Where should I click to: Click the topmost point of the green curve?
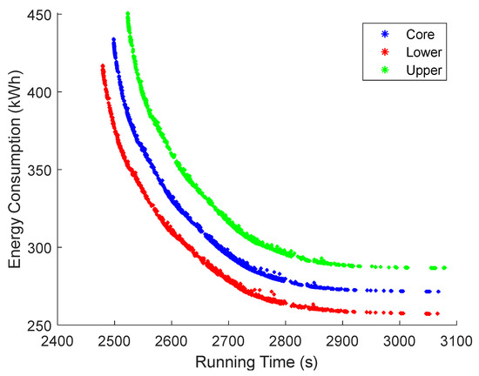[x=128, y=14]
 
